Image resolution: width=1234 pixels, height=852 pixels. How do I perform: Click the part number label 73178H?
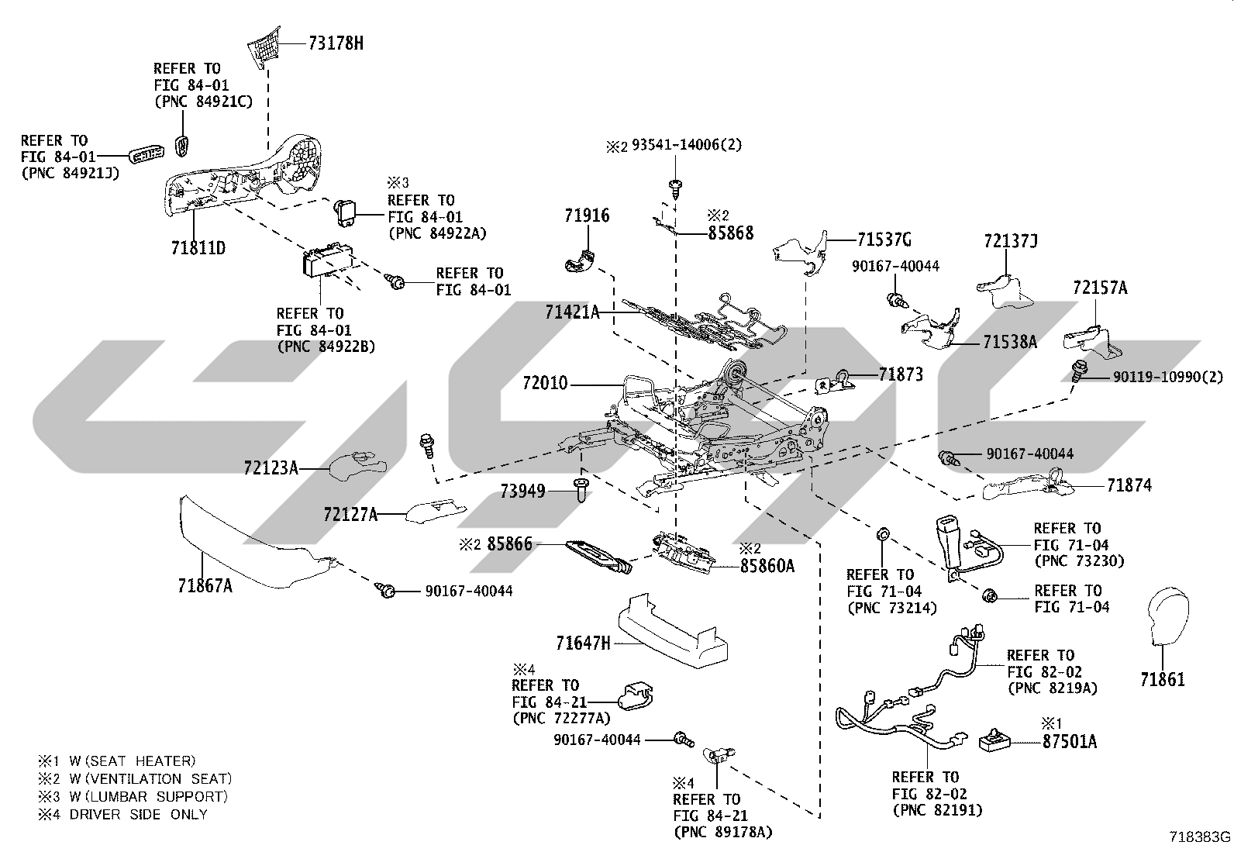coord(336,43)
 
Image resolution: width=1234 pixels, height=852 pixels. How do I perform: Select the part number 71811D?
coord(198,248)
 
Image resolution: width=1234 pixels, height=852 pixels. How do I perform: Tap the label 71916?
coord(587,216)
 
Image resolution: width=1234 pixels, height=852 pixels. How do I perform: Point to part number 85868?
coord(730,233)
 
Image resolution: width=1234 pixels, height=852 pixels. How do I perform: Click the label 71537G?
coord(884,240)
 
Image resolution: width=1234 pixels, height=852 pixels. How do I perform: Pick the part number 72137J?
coord(1011,241)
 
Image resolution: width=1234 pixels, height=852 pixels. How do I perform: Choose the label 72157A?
coord(1100,288)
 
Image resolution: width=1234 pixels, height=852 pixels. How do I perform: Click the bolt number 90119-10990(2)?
coord(1168,377)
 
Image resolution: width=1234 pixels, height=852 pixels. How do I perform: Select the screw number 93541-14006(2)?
coord(687,144)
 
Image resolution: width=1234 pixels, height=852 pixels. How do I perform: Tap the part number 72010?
coord(545,382)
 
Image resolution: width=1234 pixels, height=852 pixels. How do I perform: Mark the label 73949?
coord(522,491)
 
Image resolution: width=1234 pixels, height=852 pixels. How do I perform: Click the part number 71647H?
coord(584,643)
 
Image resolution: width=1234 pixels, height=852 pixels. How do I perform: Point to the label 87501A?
coord(1069,742)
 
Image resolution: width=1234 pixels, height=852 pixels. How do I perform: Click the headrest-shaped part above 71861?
coord(1168,615)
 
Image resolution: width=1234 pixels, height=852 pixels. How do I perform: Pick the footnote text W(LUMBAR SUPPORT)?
coord(148,797)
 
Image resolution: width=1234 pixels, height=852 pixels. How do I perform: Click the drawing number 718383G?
coord(1200,836)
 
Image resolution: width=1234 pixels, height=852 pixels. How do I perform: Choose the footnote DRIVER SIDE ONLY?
coord(138,815)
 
